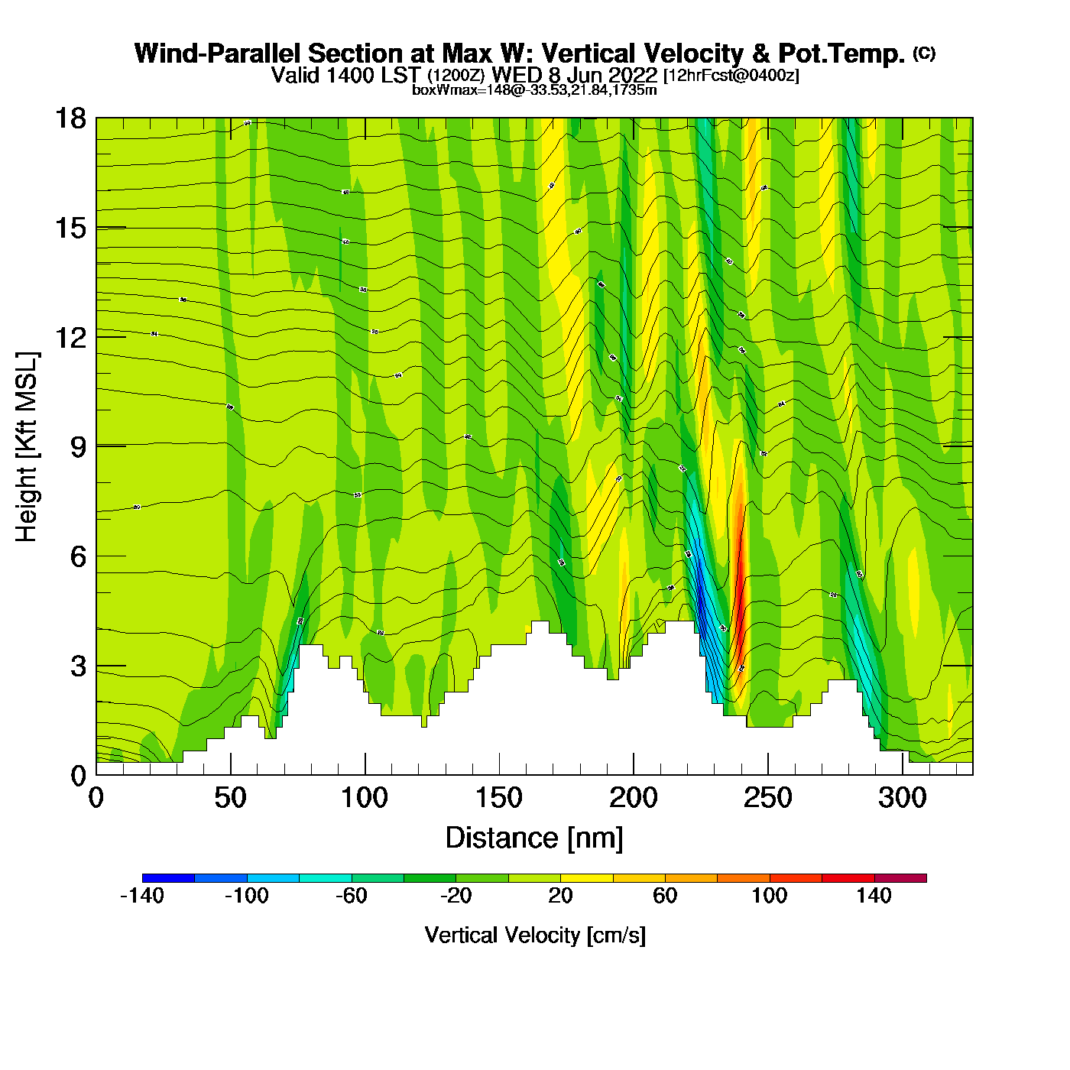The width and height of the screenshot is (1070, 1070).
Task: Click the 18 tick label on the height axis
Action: coord(70,119)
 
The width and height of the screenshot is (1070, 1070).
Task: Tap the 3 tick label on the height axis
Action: coord(78,666)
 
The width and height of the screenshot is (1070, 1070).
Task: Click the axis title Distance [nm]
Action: coord(534,838)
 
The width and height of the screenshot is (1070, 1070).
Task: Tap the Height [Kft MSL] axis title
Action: coord(27,447)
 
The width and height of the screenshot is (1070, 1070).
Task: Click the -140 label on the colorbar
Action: coord(142,896)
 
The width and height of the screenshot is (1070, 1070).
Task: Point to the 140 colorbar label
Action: coord(874,896)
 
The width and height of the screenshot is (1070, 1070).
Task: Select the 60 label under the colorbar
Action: coord(665,896)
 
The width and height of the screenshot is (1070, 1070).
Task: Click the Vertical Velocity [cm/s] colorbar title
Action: coord(535,935)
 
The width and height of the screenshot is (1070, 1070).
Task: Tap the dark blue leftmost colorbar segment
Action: coord(168,878)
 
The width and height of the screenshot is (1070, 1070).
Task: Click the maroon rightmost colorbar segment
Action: coord(900,878)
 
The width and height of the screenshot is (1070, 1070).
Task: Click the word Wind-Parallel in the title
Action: coord(219,53)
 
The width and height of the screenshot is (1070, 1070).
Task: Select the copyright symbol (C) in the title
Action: coord(924,53)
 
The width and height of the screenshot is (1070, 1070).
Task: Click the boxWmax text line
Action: coord(534,90)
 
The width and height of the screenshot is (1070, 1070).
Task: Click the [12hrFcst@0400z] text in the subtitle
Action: coord(731,76)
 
